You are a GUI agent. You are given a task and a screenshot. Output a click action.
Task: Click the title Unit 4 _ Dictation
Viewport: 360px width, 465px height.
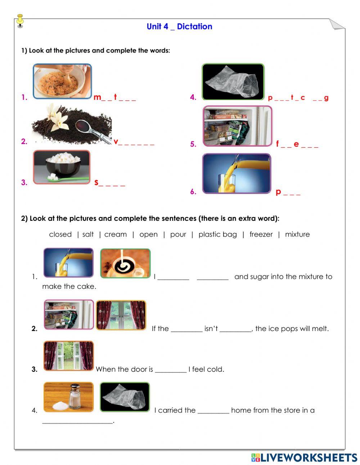179,26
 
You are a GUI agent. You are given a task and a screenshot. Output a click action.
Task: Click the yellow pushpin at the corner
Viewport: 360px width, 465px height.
20,21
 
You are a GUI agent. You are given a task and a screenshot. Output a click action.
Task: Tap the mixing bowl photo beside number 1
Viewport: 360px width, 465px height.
62,81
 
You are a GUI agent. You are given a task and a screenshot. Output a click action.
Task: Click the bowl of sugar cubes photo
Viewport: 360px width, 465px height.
62,167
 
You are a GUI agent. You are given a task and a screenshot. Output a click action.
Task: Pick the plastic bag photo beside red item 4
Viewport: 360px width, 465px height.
233,82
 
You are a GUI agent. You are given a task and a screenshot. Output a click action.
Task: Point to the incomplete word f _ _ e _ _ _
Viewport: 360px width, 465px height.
297,144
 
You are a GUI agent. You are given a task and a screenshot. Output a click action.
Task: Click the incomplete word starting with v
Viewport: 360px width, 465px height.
134,142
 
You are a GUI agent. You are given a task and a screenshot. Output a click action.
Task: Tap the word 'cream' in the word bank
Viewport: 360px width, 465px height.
115,234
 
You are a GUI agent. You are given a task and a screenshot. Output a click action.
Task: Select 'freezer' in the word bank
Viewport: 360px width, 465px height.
261,234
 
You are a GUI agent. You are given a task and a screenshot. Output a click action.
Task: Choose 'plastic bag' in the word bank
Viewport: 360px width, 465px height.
217,234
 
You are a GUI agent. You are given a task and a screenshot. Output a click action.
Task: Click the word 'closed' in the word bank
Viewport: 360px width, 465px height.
60,234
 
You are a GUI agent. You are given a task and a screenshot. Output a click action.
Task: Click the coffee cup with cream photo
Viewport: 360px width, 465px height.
125,263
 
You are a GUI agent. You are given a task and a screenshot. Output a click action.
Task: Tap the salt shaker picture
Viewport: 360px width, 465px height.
68,397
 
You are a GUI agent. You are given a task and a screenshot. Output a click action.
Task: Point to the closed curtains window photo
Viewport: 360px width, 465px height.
121,316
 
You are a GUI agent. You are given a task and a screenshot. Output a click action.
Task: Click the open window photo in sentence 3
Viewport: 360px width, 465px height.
68,356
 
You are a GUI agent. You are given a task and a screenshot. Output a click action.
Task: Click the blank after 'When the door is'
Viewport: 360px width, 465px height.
171,370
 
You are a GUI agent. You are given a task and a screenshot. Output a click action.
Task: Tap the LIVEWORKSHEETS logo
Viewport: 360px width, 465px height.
304,457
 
